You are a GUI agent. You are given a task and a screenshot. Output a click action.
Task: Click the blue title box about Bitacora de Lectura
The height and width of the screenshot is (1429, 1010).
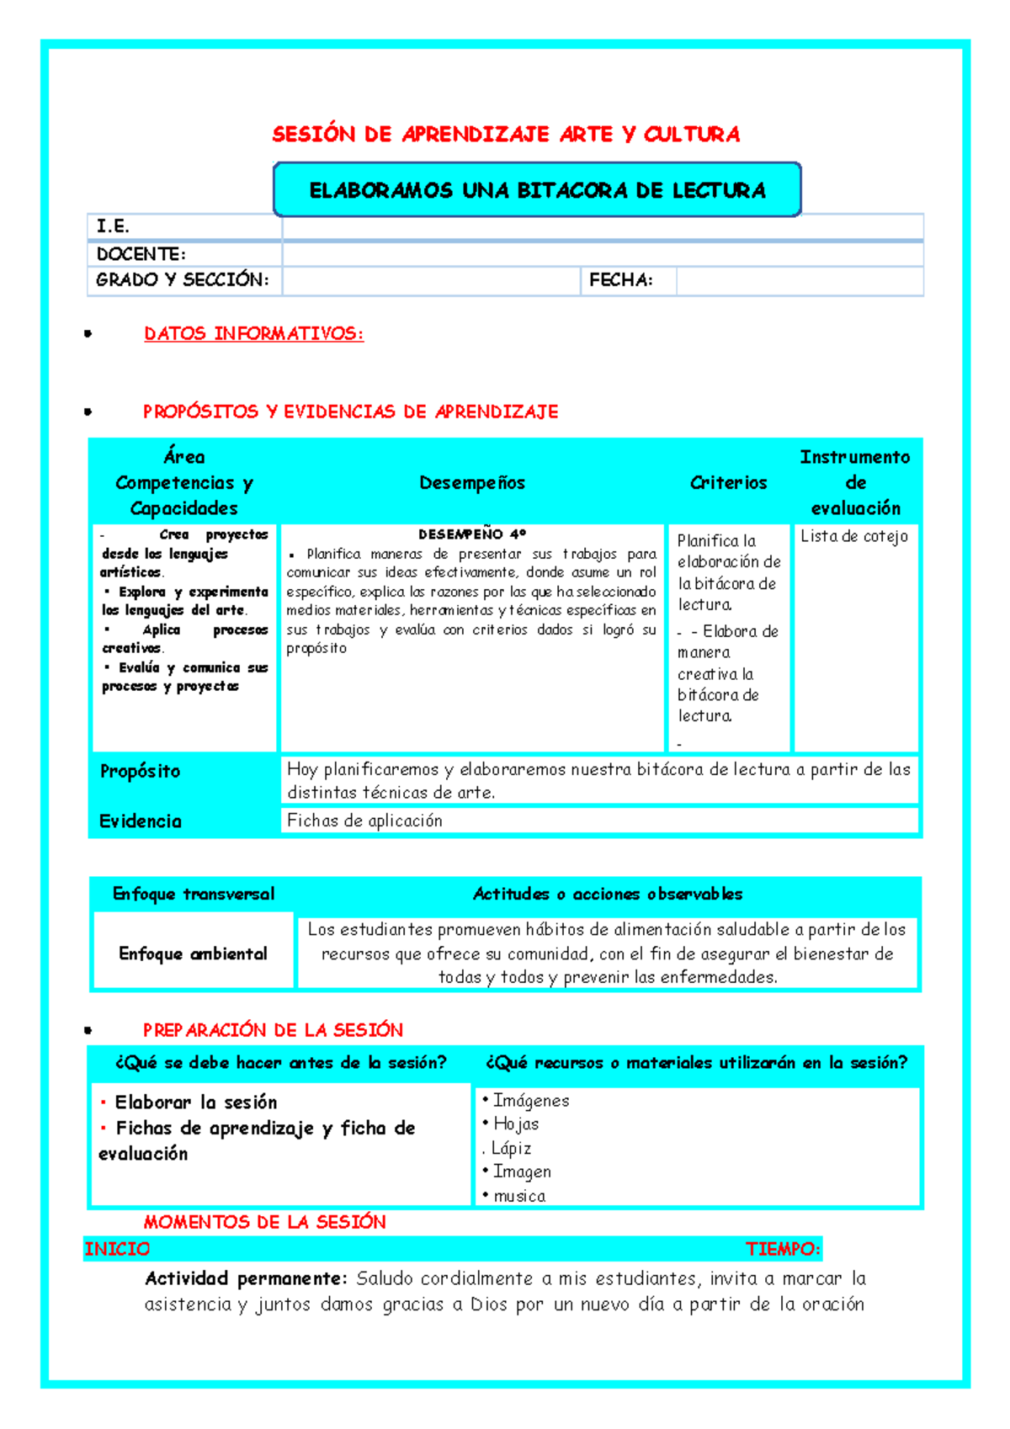coord(537,190)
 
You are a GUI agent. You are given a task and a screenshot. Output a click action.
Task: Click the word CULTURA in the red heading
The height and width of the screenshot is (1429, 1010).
coord(692,135)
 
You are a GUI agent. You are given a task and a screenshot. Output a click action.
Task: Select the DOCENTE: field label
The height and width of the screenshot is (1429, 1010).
coord(141,254)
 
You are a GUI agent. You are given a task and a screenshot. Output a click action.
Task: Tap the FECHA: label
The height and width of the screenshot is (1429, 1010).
coord(620,280)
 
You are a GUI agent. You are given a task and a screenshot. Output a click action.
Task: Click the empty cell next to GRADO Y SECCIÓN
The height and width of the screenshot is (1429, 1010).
coord(430,281)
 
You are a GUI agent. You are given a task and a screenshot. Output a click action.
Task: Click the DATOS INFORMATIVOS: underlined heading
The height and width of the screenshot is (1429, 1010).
coord(253,334)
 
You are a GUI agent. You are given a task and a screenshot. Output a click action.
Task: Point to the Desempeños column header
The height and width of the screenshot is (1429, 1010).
coord(471,483)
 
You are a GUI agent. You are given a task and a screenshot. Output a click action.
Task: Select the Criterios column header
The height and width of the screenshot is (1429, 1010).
coord(728,483)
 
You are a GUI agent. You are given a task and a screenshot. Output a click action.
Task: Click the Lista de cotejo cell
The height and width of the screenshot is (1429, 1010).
coord(853,537)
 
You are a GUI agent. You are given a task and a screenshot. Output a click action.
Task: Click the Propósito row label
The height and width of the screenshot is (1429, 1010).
coord(140,771)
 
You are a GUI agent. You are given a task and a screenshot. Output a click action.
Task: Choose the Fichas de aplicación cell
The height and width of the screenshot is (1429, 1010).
coord(364,821)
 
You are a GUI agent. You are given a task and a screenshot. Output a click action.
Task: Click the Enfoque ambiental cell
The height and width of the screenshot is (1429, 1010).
coord(193,954)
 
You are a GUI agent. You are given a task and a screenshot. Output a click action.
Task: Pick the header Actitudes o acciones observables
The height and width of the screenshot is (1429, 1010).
coord(607,895)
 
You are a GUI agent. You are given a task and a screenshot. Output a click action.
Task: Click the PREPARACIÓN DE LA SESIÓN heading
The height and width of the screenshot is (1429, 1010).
coord(273,1030)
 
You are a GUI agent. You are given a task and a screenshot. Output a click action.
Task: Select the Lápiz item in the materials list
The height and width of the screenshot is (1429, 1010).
coord(510,1149)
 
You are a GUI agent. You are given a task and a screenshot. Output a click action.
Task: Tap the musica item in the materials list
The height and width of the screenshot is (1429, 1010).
coord(518,1196)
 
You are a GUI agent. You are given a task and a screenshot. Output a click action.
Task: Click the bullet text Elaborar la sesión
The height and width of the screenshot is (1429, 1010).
coord(195,1102)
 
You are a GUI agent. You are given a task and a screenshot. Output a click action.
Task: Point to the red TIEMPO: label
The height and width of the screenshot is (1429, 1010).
coord(782,1249)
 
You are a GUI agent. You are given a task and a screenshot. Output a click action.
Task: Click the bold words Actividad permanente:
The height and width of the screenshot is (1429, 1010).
coord(245,1279)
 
